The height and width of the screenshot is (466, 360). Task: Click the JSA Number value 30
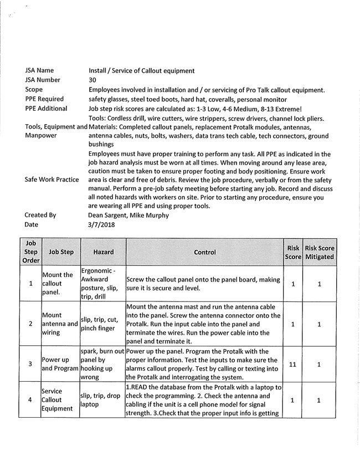[92, 80]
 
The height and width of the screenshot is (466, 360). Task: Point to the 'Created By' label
[40, 215]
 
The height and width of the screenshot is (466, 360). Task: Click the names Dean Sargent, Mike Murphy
[130, 215]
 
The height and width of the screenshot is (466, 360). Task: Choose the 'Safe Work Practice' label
[52, 180]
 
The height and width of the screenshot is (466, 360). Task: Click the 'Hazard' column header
[103, 252]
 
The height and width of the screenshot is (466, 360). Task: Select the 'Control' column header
[205, 252]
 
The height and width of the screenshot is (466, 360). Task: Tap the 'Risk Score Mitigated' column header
[320, 252]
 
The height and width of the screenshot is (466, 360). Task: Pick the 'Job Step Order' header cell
[30, 252]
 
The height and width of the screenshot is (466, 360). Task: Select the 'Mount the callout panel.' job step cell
[58, 283]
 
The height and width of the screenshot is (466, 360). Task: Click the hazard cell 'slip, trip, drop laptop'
[102, 400]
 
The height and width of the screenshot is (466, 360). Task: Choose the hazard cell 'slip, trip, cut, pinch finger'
[103, 324]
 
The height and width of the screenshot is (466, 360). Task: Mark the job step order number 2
[30, 324]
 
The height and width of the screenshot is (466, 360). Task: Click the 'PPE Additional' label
[46, 109]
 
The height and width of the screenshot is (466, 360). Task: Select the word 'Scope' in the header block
[34, 89]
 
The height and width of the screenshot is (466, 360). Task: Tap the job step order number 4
[30, 400]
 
